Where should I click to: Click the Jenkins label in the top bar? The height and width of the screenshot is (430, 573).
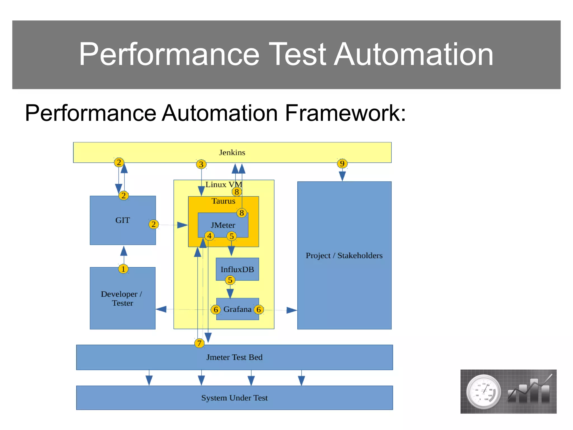(x=232, y=153)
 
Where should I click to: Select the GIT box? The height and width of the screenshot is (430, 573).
(x=123, y=220)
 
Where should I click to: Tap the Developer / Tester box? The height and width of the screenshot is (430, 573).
(x=123, y=298)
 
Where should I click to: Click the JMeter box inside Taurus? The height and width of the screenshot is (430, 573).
(x=223, y=225)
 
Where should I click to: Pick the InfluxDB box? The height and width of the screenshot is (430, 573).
(x=237, y=269)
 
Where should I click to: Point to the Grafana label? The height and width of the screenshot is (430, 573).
(x=237, y=309)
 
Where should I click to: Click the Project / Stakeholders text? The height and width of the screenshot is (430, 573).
(x=344, y=256)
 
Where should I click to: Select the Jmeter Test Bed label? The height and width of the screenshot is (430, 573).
(x=234, y=357)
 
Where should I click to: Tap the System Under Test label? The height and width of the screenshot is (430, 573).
(x=234, y=398)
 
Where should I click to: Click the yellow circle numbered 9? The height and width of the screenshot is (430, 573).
(x=342, y=163)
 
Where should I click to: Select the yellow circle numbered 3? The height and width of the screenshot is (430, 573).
(x=201, y=164)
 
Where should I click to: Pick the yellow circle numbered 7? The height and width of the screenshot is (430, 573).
(x=199, y=343)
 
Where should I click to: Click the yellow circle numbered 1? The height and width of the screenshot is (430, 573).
(x=123, y=269)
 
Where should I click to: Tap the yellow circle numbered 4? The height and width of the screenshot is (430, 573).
(x=209, y=236)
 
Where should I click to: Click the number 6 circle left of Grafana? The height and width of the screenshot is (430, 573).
(x=216, y=310)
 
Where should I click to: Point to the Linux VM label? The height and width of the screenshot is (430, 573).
(x=224, y=184)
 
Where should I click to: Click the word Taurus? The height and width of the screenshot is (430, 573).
(x=223, y=201)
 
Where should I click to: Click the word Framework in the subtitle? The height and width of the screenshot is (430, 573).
(x=345, y=113)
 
